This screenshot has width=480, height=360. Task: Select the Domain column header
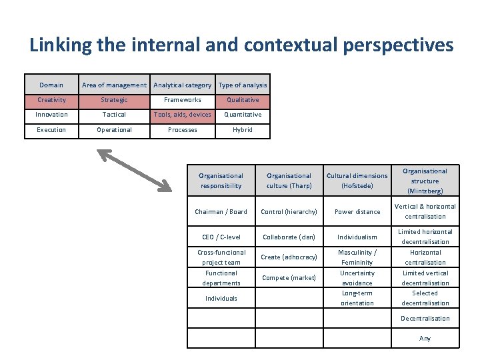(51, 85)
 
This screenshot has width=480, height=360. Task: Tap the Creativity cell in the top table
(51, 100)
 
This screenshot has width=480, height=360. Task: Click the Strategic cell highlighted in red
(114, 100)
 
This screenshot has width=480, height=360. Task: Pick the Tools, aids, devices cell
(182, 115)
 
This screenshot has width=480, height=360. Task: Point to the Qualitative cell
(243, 100)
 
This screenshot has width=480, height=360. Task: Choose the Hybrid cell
(243, 130)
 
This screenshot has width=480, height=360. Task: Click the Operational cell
(114, 130)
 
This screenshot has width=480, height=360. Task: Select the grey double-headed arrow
(139, 169)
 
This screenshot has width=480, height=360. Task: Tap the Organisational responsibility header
(221, 181)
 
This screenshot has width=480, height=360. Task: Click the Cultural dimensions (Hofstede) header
(357, 181)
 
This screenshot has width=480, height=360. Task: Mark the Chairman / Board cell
(221, 212)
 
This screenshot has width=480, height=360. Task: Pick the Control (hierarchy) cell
(289, 212)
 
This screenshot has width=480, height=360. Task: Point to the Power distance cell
(357, 212)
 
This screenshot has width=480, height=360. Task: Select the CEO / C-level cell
(221, 237)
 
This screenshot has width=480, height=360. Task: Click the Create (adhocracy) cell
(289, 257)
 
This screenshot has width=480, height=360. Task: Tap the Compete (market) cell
(289, 278)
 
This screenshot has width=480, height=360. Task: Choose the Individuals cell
(221, 298)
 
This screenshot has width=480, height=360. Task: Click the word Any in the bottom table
(425, 339)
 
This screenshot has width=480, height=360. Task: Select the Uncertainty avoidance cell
(357, 278)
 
